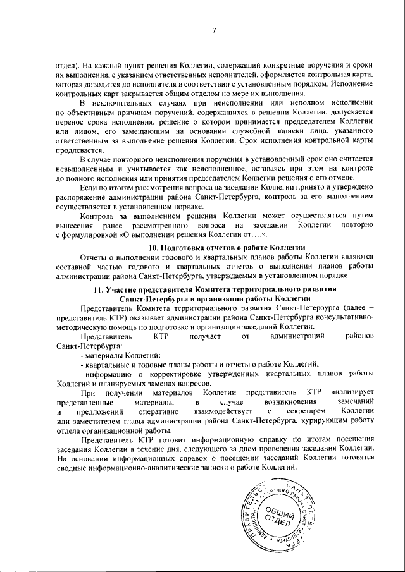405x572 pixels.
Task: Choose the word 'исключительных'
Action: [x=128, y=103]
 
